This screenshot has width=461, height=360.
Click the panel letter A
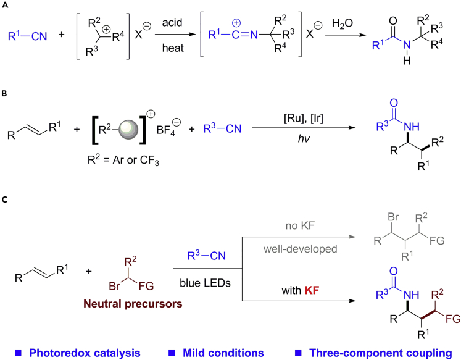coord(5,6)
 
